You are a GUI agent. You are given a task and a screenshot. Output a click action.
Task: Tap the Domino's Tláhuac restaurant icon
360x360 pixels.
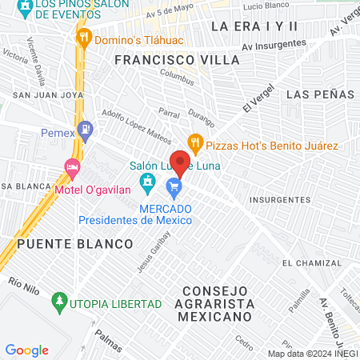[x=84, y=37]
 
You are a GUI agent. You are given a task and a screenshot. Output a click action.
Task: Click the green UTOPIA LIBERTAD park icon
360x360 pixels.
[x=58, y=303]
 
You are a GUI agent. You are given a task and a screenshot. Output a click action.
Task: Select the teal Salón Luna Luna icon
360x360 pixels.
[x=147, y=186]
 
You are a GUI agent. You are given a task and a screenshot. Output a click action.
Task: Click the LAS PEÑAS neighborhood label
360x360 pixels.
[x=319, y=94]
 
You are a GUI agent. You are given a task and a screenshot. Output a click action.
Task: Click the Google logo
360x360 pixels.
[x=26, y=350]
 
